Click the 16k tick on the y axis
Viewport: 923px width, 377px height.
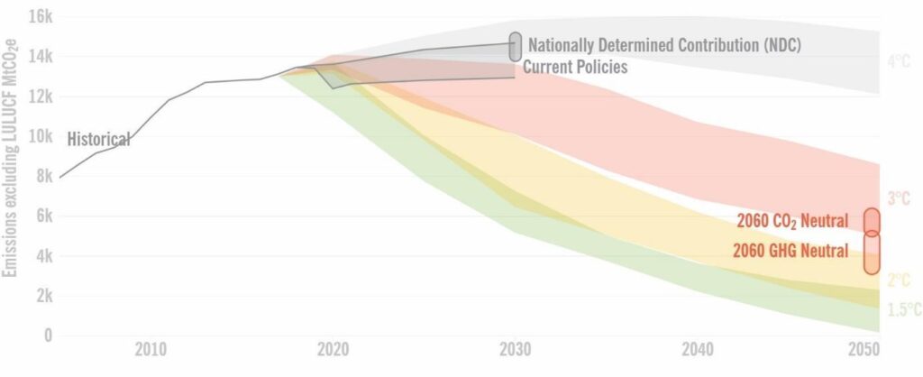tap(42, 16)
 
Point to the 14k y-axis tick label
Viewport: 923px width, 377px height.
tap(42, 56)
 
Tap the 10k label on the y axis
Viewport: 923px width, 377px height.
tap(42, 136)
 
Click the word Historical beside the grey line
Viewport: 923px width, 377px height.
tap(99, 139)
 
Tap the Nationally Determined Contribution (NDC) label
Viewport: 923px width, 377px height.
tap(664, 44)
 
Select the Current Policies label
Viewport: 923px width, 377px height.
tap(575, 67)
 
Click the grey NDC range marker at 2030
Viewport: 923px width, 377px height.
tap(515, 46)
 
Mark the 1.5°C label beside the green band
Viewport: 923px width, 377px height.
tap(903, 309)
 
